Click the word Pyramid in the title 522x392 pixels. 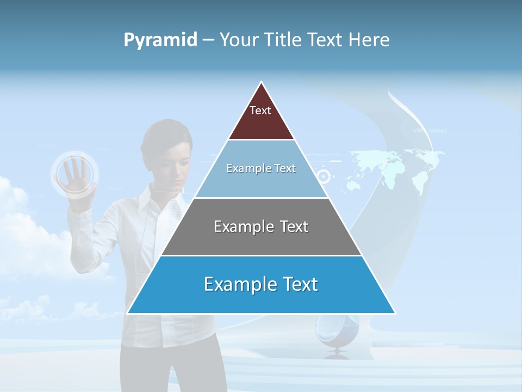tap(160, 40)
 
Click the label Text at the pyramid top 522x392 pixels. tap(260, 111)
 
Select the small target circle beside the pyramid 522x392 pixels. tap(324, 176)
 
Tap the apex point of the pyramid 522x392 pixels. tap(262, 83)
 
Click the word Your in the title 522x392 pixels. tap(237, 40)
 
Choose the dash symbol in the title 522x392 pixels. tap(208, 40)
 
